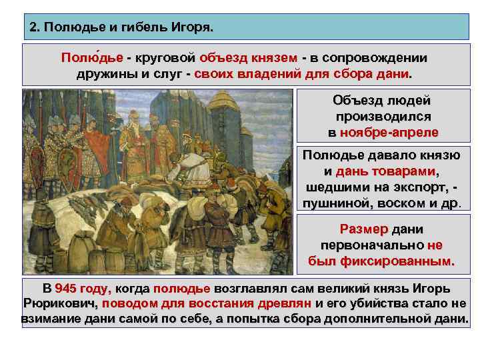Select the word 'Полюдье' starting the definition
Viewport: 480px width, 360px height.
tap(87, 57)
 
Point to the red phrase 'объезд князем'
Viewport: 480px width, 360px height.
tap(248, 57)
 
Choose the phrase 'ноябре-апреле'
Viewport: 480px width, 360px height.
tap(389, 132)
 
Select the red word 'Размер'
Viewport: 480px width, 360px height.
tap(363, 229)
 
